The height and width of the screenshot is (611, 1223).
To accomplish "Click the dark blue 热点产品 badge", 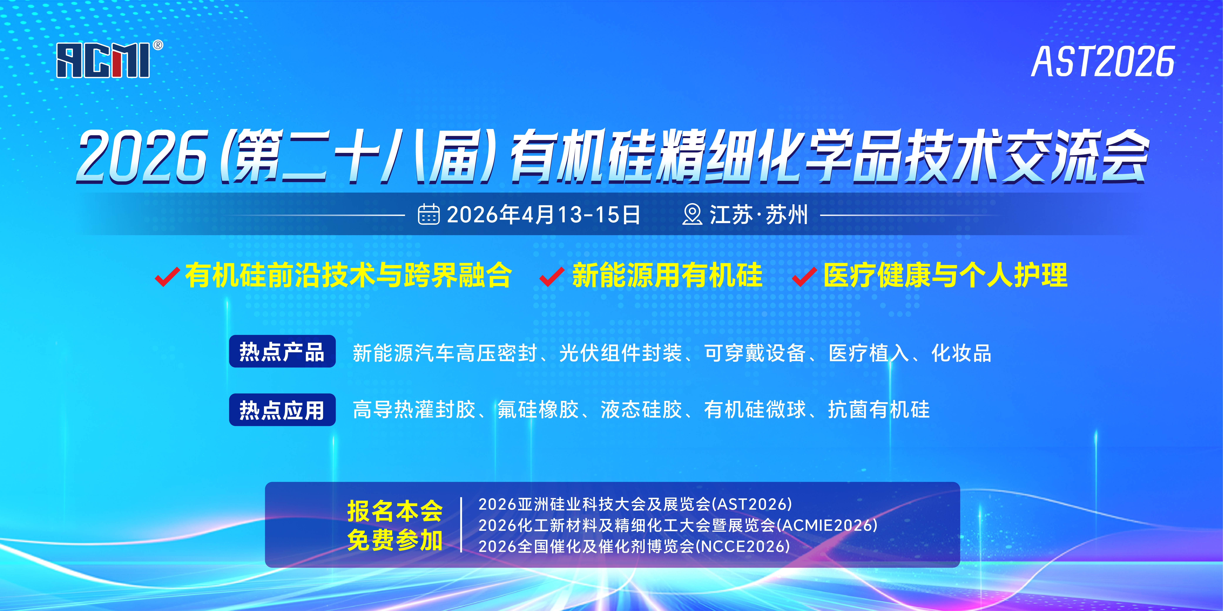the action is coord(282,351).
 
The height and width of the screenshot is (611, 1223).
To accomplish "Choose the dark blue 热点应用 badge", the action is coord(282,410).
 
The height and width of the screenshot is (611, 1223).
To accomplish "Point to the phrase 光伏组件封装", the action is coord(620,353).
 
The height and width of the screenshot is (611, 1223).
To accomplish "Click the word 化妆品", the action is coord(961,353).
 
